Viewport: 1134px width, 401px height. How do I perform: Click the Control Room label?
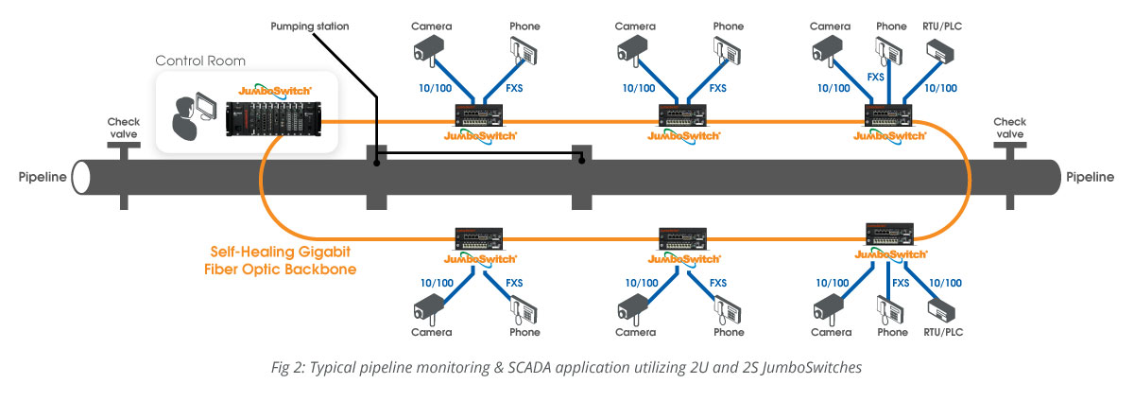[x=200, y=61]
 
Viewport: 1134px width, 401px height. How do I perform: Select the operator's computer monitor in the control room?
[x=206, y=106]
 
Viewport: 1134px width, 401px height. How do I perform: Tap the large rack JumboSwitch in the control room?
[x=273, y=118]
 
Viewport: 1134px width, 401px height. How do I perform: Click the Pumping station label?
[x=309, y=26]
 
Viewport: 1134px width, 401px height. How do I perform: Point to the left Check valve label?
[x=124, y=128]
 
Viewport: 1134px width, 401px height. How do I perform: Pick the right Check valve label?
[x=1009, y=128]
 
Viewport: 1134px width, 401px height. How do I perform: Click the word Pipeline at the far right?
[x=1090, y=177]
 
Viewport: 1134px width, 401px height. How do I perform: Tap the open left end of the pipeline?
[x=80, y=178]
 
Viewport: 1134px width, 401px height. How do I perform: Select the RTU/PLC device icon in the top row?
[x=940, y=52]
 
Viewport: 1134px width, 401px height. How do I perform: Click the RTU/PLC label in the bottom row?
[x=943, y=332]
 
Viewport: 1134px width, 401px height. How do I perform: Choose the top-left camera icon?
[x=428, y=52]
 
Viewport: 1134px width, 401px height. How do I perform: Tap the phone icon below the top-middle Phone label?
[x=727, y=52]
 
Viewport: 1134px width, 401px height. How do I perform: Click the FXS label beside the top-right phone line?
[x=876, y=77]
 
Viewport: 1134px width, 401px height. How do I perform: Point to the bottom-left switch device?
[x=479, y=238]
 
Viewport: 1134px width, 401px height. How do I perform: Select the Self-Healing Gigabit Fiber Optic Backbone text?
[x=280, y=261]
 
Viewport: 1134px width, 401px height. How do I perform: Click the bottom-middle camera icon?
[x=633, y=308]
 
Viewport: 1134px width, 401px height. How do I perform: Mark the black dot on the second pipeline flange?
[x=582, y=161]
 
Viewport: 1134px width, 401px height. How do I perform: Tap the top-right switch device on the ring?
[x=888, y=115]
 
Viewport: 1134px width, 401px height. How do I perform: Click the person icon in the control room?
[x=184, y=119]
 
